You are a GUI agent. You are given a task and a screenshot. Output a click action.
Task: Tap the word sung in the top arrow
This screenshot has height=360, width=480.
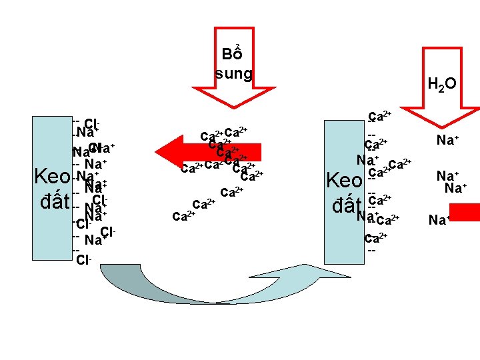click(x=233, y=73)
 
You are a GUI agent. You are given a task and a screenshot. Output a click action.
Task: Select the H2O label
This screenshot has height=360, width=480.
click(x=442, y=84)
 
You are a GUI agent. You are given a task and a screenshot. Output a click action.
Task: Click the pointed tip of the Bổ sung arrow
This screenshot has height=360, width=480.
click(x=233, y=105)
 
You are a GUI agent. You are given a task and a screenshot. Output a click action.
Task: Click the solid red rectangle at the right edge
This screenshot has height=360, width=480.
click(x=469, y=213)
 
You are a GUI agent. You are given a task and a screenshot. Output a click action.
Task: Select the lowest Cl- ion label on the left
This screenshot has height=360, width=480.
click(x=84, y=259)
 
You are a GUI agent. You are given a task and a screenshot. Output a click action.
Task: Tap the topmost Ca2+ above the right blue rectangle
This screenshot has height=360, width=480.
click(x=379, y=117)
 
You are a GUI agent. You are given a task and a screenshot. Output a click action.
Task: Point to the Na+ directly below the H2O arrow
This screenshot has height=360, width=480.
click(x=445, y=140)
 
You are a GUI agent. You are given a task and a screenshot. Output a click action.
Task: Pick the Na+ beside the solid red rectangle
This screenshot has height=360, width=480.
click(x=439, y=219)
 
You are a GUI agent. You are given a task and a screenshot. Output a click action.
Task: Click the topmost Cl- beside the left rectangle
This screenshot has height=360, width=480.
click(x=92, y=123)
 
